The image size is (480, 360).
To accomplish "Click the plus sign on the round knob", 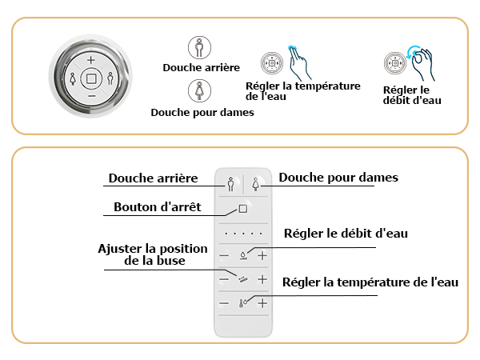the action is click(91, 60).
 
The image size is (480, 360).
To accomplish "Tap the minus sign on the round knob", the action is click(91, 97).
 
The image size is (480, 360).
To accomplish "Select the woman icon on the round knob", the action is click(73, 78).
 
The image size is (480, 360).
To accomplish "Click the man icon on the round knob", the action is click(110, 78).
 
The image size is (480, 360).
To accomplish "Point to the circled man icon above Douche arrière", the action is click(199, 48).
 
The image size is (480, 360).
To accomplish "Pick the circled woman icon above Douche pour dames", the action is click(199, 90).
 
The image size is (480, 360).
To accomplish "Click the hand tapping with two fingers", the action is click(299, 63).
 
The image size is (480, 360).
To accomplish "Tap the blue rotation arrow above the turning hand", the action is click(413, 51).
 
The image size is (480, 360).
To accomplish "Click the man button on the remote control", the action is click(231, 184).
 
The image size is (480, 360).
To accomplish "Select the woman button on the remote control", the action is click(256, 184).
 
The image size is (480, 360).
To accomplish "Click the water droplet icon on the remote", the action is click(243, 256).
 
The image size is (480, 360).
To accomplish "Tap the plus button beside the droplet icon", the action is click(262, 255).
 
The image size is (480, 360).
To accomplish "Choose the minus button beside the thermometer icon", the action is click(224, 303).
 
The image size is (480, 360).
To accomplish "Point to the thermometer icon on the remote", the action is click(242, 303).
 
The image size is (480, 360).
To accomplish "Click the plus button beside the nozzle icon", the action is click(262, 279).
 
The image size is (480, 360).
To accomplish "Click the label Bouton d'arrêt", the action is click(158, 207).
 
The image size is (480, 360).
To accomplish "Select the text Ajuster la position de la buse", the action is click(153, 254).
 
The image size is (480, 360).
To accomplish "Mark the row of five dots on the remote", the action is click(243, 234).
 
